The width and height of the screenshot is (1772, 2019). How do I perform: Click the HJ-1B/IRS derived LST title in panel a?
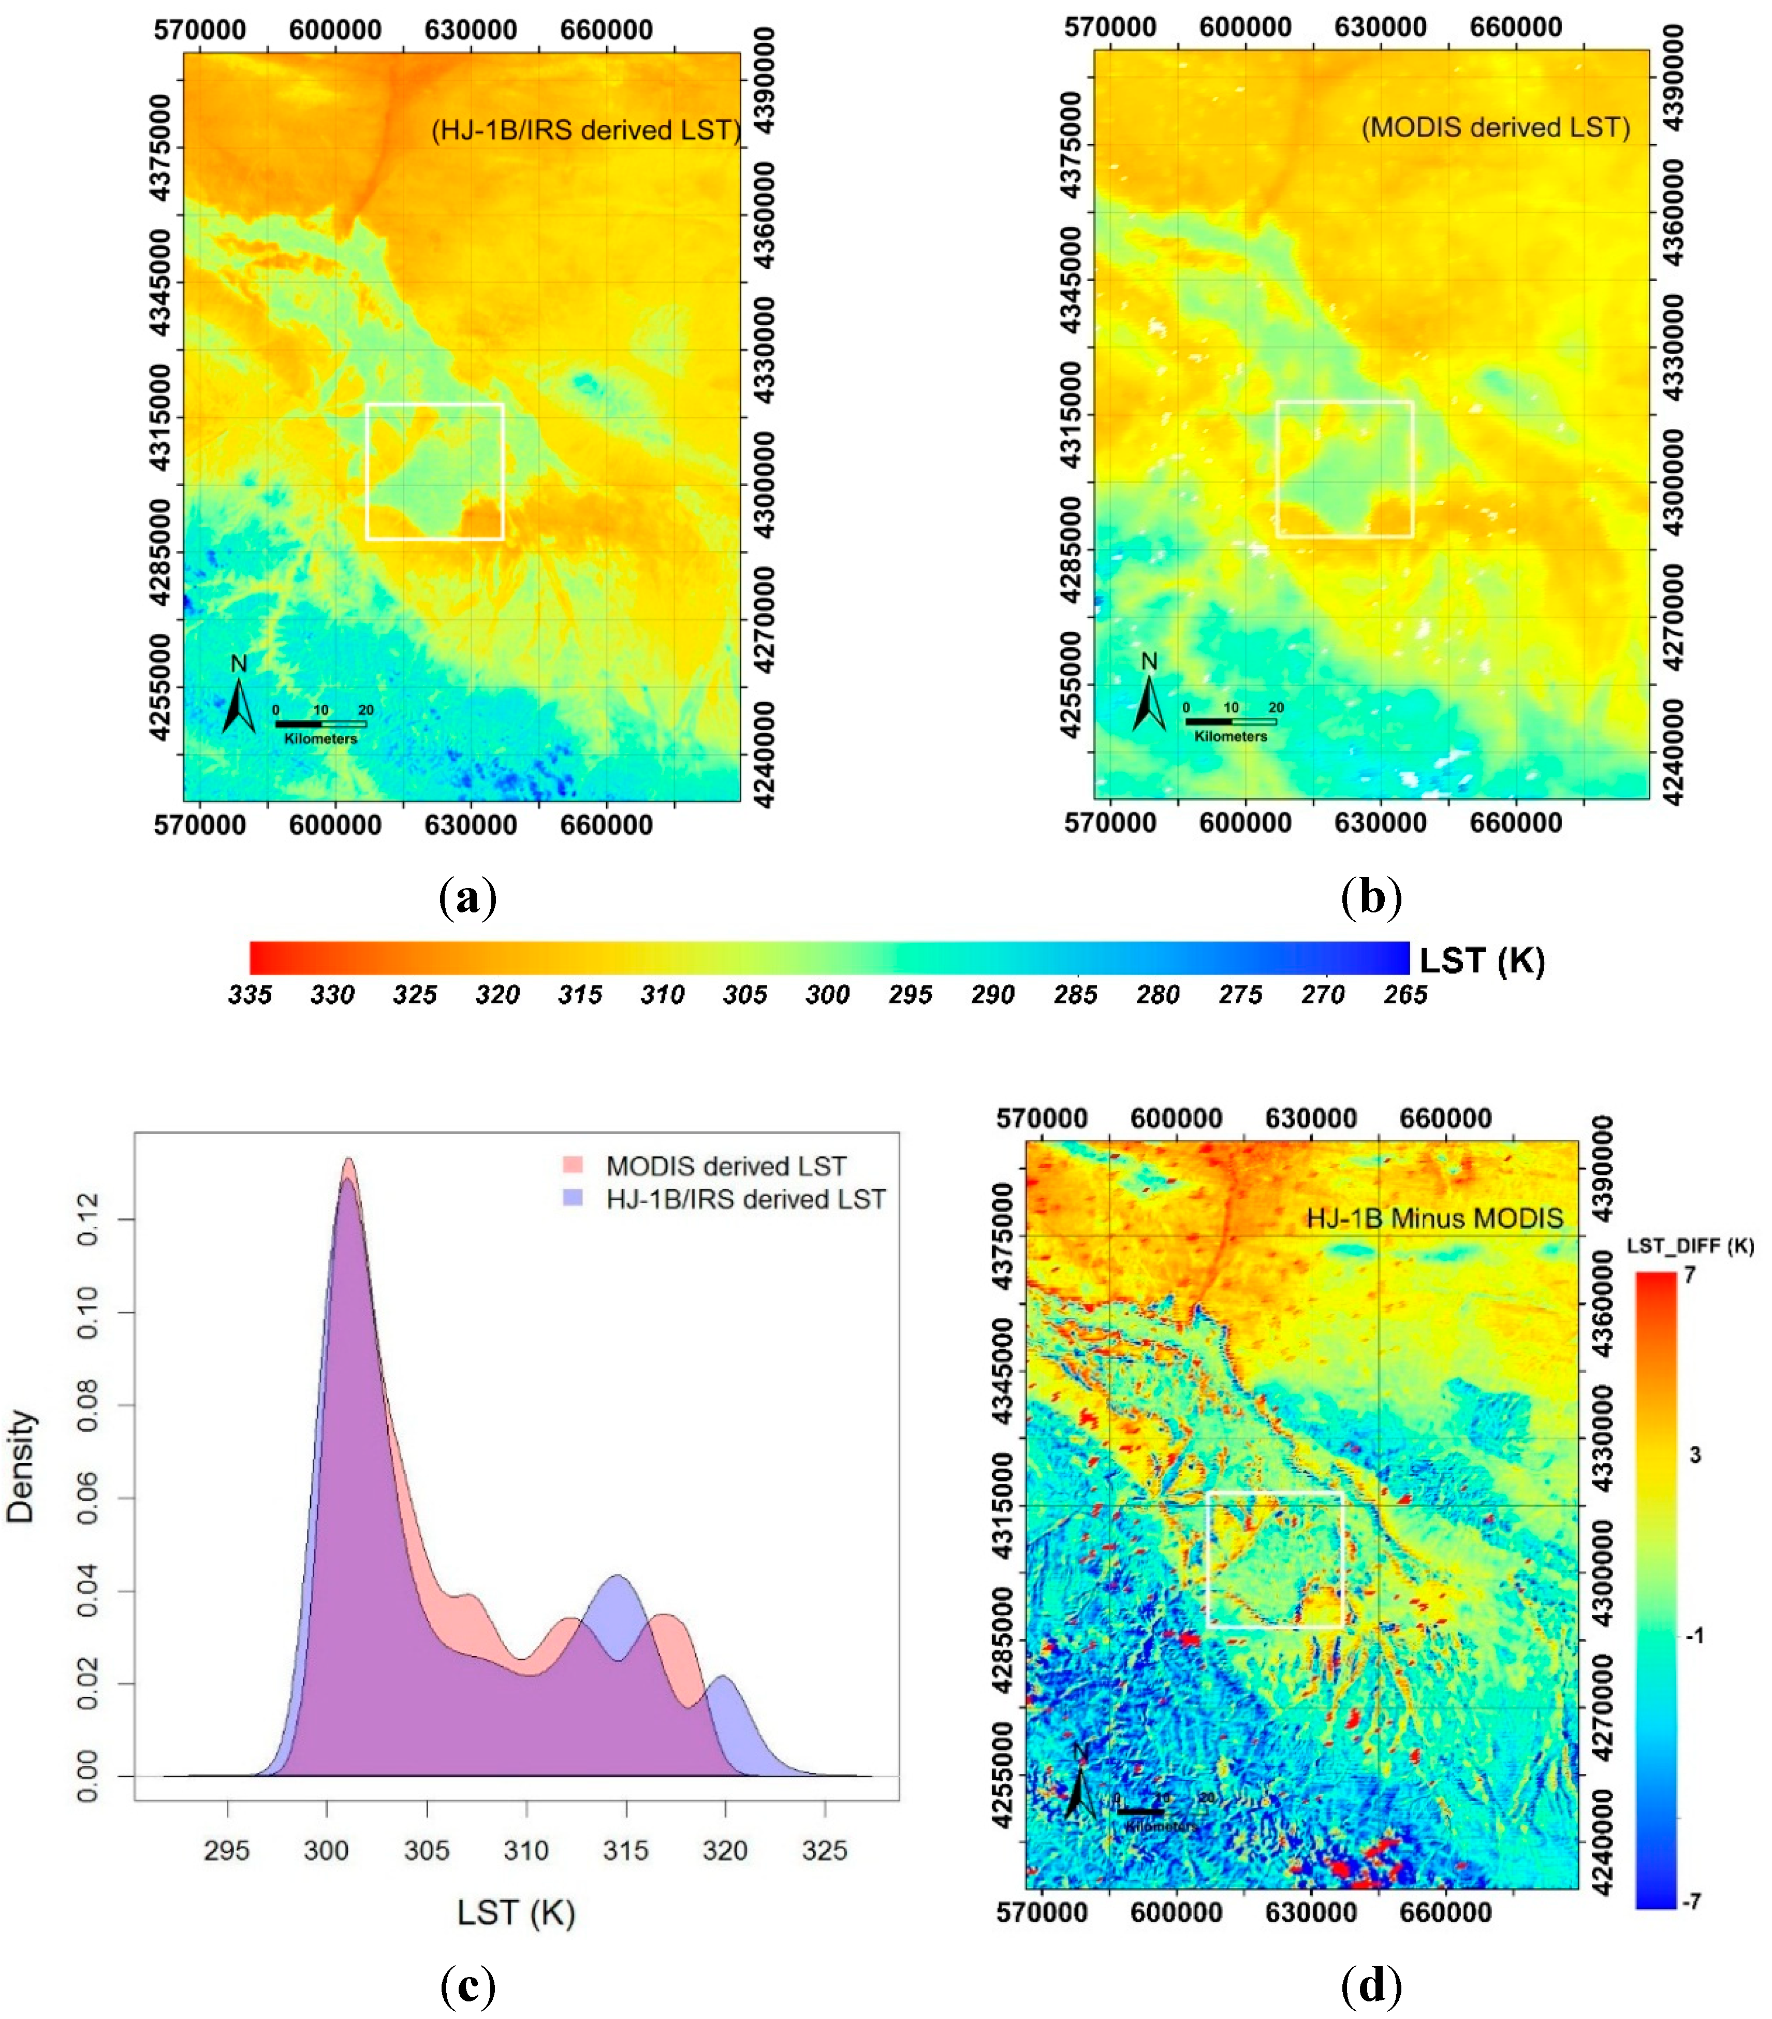coord(585,130)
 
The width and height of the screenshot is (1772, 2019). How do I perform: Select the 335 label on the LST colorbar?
coord(250,995)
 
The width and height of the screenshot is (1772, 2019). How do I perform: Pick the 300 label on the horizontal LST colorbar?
coord(827,995)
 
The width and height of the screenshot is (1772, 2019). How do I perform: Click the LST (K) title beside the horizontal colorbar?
coord(1482,960)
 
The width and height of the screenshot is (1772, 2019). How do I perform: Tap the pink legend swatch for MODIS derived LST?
coord(573,1166)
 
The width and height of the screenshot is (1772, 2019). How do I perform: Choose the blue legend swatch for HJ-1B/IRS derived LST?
coord(573,1199)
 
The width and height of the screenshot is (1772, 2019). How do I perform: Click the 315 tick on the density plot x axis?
coord(625,1850)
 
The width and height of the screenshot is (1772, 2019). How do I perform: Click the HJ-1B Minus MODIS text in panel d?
coord(1434,1218)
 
